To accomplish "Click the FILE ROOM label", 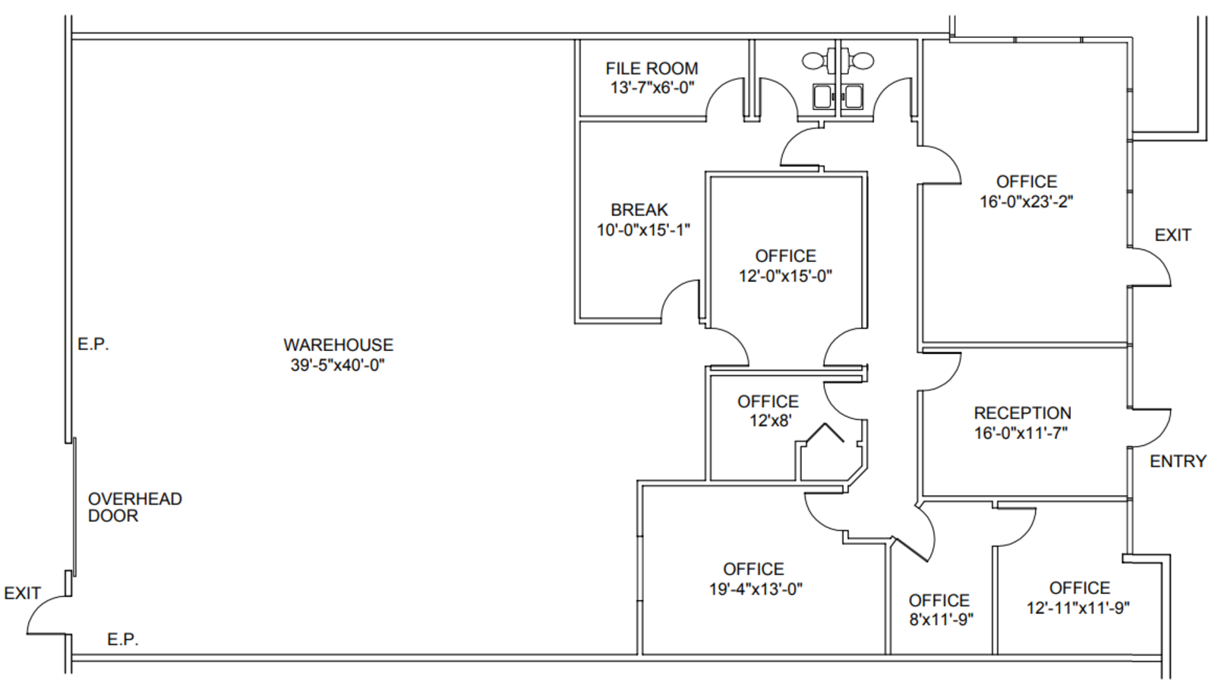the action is point(652,68).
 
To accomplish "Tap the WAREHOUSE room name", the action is point(338,345).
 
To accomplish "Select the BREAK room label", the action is point(639,210).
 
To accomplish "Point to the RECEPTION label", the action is point(1022,413).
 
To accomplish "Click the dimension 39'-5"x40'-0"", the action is point(337,365).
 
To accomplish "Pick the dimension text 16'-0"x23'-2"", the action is point(1026,202).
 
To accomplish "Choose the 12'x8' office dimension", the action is point(770,421).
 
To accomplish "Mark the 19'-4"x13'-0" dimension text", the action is point(756,589).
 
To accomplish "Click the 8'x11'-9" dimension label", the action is point(941,619).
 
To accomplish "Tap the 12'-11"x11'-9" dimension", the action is point(1078,608).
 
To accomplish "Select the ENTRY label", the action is point(1178,461).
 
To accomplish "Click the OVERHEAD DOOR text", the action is point(134,507).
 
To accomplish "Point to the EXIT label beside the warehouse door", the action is point(22,593).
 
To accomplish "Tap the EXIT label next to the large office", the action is point(1172,235).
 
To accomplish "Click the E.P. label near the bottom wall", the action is point(123,640).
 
